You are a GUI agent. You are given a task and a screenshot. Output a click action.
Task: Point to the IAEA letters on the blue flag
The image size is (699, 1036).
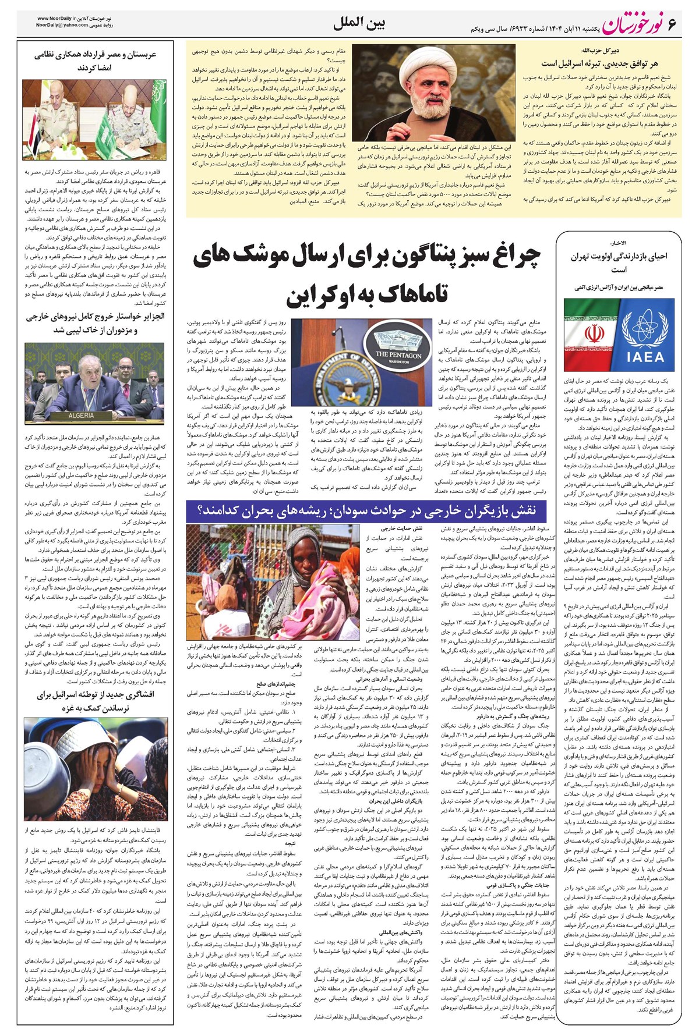(644, 357)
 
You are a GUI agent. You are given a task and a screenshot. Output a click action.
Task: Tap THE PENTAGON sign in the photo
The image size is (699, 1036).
(398, 354)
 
